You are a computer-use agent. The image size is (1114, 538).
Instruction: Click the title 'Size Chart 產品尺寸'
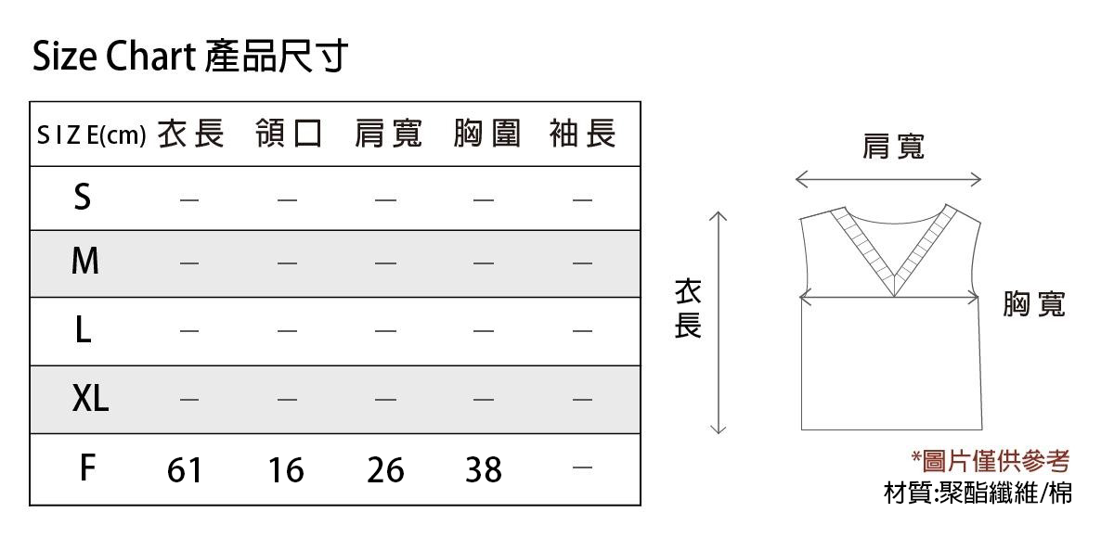[190, 56]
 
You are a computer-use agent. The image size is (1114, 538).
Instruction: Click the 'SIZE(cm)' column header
[92, 134]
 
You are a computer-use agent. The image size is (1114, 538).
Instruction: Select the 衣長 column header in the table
[191, 134]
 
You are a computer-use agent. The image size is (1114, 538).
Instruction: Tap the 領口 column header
[289, 134]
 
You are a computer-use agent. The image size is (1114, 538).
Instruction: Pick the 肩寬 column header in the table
[388, 134]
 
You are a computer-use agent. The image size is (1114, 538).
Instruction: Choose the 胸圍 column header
[486, 134]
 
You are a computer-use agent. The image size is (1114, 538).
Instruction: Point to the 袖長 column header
[583, 134]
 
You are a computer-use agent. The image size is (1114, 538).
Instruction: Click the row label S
[83, 197]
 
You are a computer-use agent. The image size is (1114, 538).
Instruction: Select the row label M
[85, 261]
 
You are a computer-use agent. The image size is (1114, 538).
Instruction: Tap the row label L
[83, 330]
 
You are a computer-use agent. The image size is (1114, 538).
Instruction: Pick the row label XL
[90, 399]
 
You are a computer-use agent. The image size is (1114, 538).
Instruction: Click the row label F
[87, 468]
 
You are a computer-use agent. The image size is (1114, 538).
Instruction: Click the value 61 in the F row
[185, 470]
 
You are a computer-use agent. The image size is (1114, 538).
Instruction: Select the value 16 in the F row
[286, 470]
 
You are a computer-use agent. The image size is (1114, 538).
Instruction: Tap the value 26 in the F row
[385, 470]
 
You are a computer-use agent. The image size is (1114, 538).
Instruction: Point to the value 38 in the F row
[484, 470]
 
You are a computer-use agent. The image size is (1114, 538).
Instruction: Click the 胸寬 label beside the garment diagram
[1034, 304]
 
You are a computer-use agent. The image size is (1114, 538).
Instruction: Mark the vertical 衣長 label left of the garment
[688, 309]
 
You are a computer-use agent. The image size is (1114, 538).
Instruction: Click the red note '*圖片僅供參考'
[991, 460]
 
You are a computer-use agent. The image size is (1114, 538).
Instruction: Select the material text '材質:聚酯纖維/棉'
[978, 493]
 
